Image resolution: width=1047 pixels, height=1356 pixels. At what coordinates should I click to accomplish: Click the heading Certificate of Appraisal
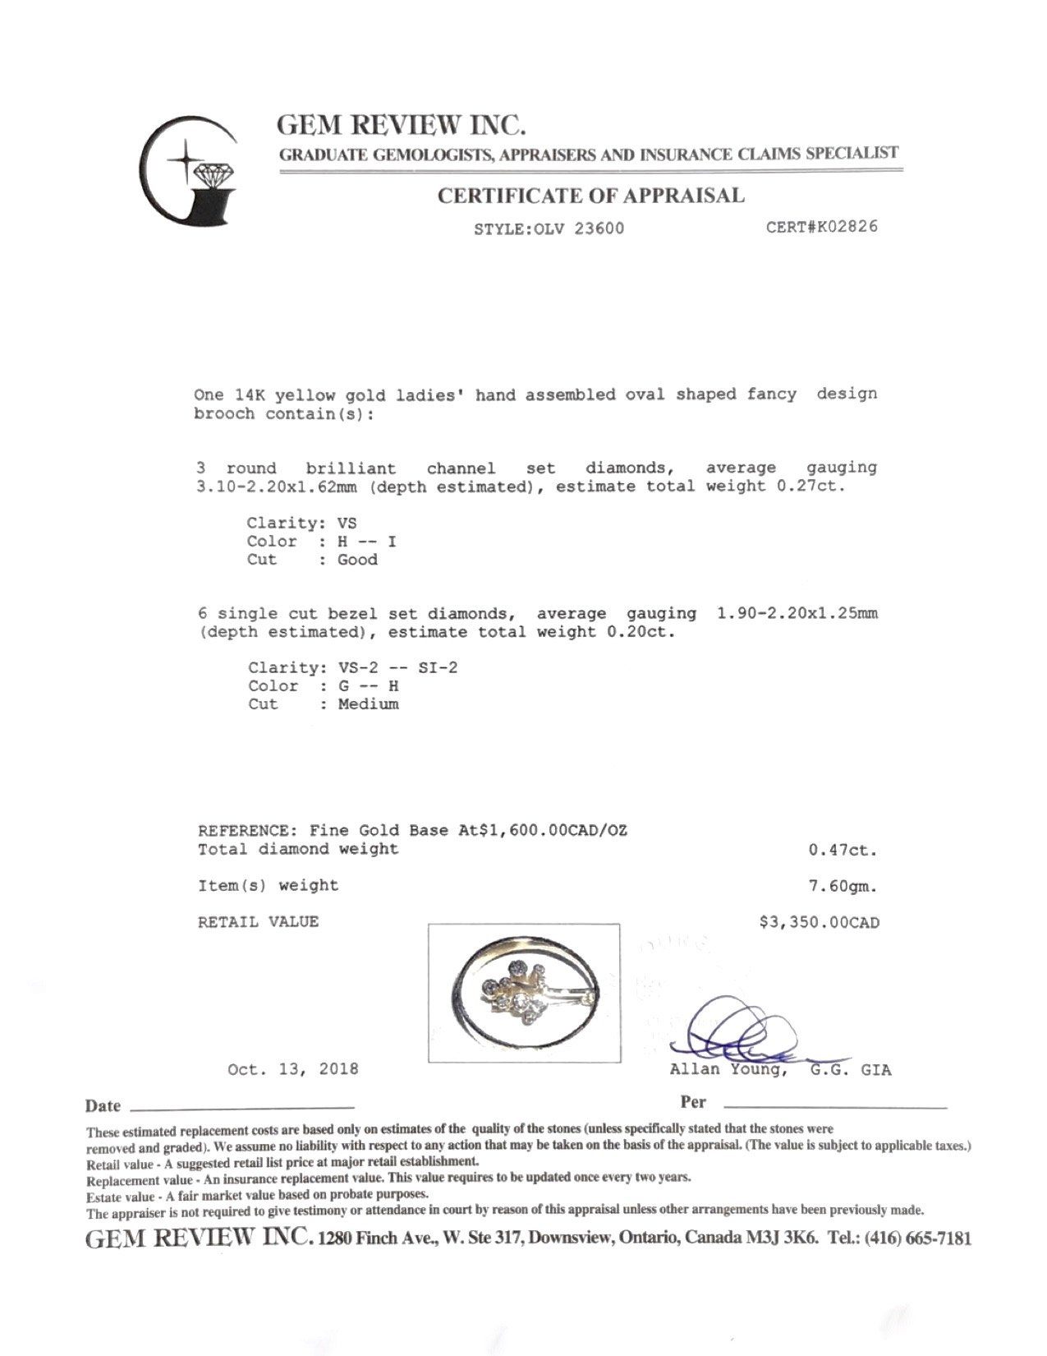590,196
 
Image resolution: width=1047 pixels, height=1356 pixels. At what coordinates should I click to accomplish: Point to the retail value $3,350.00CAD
819,923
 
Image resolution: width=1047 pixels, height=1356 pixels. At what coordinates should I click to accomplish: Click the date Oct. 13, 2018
292,1069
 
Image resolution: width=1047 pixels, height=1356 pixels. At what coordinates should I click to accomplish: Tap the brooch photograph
524,993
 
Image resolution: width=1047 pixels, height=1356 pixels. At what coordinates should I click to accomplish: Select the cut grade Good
358,560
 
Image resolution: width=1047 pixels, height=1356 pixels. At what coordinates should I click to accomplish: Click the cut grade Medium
368,704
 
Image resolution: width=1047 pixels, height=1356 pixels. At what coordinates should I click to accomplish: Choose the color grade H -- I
368,542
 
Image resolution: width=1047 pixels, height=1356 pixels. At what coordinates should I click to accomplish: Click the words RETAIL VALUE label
257,922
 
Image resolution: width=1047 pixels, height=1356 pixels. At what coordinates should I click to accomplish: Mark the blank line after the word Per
834,1106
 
